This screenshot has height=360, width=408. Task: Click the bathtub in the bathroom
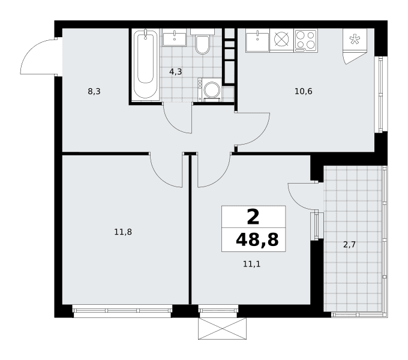pyautogui.click(x=145, y=65)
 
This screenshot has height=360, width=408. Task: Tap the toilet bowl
pyautogui.click(x=202, y=45)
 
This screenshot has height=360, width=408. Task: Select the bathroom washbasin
pyautogui.click(x=175, y=38)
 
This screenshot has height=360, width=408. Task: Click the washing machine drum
pyautogui.click(x=212, y=90)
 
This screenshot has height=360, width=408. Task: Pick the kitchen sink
pyautogui.click(x=257, y=41)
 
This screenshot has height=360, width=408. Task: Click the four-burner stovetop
pyautogui.click(x=306, y=41)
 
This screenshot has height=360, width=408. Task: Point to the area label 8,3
pyautogui.click(x=94, y=92)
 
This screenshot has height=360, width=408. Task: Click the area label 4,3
pyautogui.click(x=176, y=71)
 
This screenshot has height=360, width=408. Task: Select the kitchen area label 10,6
pyautogui.click(x=304, y=91)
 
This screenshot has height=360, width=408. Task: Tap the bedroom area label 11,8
pyautogui.click(x=123, y=232)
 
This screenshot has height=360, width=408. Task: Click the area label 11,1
pyautogui.click(x=251, y=264)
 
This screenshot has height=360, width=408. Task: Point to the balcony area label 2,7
pyautogui.click(x=349, y=245)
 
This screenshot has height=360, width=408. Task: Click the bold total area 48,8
pyautogui.click(x=257, y=239)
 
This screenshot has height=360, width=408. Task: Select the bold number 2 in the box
pyautogui.click(x=253, y=217)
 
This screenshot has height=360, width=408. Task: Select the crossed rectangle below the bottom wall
pyautogui.click(x=222, y=329)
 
